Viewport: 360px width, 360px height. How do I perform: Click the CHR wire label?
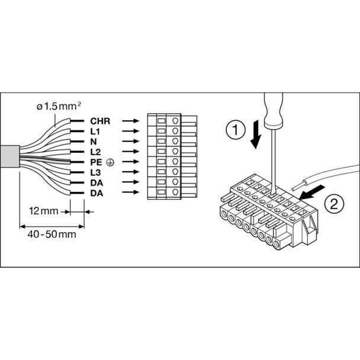100,121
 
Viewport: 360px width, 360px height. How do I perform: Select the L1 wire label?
95,131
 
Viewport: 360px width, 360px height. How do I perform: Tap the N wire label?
94,142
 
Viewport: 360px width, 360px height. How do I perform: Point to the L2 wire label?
95,152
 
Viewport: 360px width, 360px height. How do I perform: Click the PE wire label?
96,162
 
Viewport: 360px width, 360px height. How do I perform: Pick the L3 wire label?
95,172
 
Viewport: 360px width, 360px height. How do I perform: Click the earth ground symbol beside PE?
110,163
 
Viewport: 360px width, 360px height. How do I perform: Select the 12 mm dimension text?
44,211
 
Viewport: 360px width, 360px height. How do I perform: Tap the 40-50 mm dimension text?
52,234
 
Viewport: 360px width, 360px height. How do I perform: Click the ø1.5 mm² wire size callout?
59,107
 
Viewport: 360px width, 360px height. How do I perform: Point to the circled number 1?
236,130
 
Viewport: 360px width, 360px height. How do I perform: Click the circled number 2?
334,204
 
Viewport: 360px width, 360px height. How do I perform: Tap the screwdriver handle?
274,110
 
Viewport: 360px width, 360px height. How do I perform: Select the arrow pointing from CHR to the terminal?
131,121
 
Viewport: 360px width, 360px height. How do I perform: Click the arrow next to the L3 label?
131,172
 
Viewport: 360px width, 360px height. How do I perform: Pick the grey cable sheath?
9,156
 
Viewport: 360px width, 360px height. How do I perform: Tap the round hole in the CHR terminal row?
175,121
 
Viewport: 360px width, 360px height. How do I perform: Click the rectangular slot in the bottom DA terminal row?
162,192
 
